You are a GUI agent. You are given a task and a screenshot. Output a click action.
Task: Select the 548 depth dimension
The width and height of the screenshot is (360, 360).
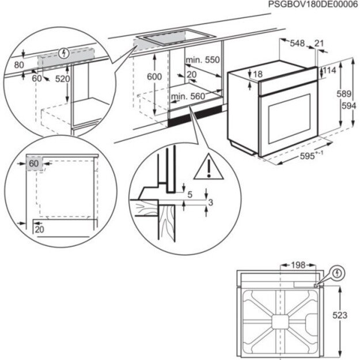[x=297, y=43]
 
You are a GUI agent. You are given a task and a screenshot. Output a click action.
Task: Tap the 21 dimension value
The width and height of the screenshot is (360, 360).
[x=320, y=43]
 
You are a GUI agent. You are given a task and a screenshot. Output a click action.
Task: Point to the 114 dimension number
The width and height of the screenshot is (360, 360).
[x=329, y=70]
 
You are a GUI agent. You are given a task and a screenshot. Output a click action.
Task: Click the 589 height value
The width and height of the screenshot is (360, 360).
[x=344, y=94]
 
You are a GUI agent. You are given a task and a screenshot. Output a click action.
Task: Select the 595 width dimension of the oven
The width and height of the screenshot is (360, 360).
[x=308, y=156]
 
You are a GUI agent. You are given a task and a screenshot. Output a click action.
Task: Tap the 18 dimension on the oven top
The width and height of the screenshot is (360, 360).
[x=257, y=74]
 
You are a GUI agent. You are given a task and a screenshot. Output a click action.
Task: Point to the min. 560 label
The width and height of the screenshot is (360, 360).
[x=188, y=96]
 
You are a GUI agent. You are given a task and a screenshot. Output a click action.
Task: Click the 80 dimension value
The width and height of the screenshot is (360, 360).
[x=20, y=65]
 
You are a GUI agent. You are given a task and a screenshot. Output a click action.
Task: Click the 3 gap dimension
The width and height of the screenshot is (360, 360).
[x=211, y=202]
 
